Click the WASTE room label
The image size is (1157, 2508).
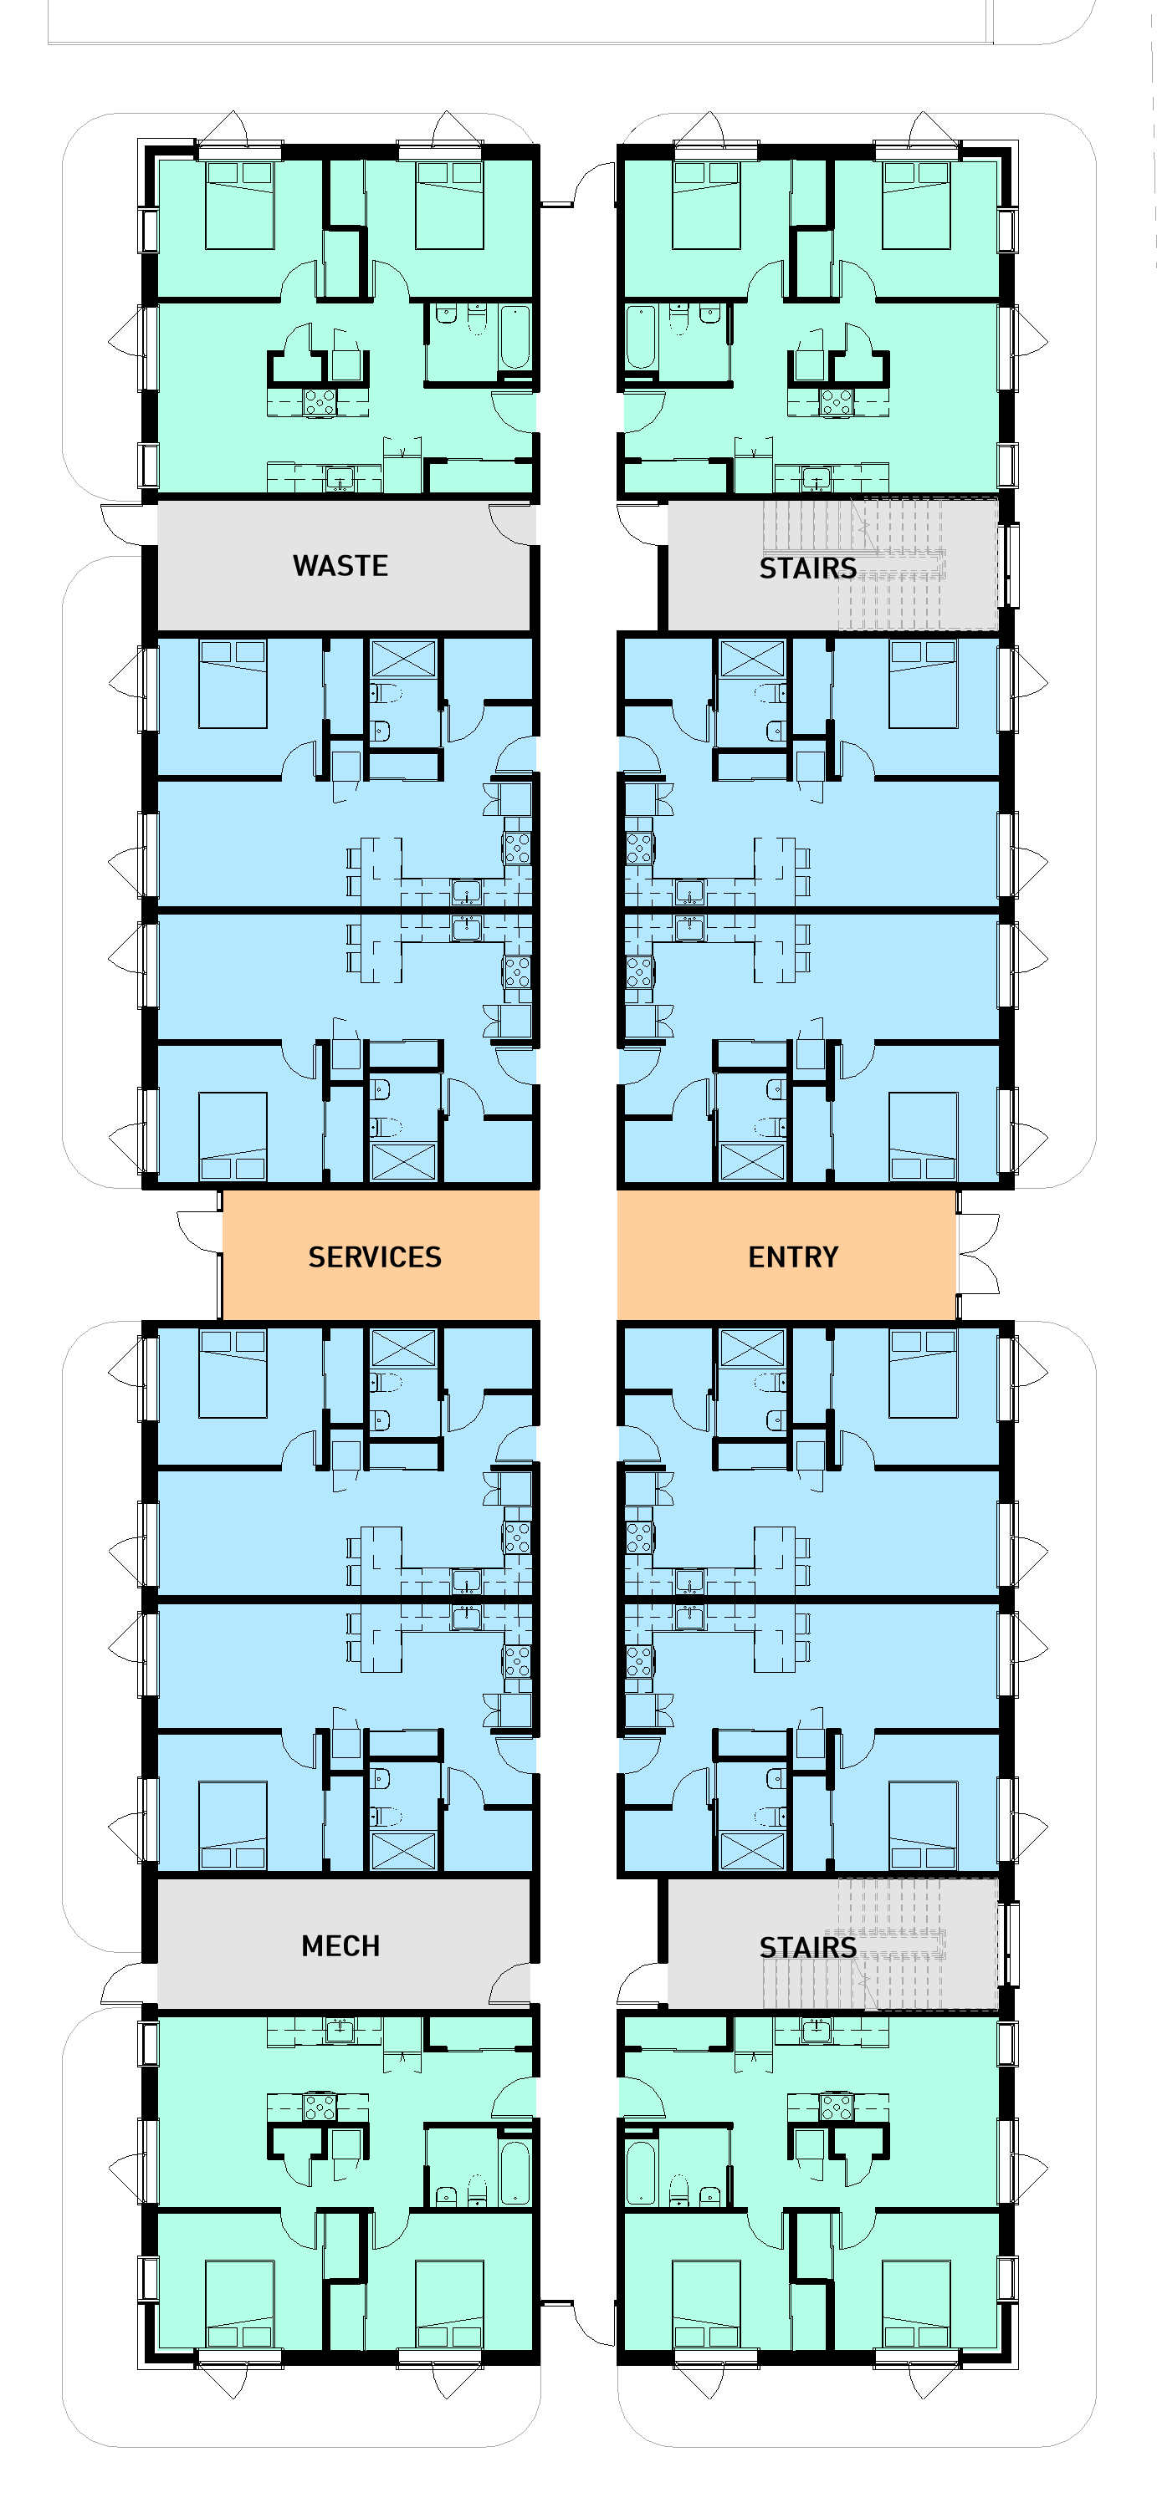(340, 566)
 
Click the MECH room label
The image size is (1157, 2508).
(340, 1945)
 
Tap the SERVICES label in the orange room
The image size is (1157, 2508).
(374, 1257)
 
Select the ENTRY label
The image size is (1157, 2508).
(793, 1257)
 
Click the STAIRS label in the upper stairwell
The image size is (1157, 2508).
(807, 568)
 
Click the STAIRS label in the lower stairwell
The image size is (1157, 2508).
(807, 1947)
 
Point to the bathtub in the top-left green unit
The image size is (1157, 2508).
(515, 337)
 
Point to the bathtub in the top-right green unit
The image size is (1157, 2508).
(640, 337)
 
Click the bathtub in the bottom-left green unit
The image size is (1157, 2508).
(515, 2172)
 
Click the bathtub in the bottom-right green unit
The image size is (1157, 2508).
(640, 2172)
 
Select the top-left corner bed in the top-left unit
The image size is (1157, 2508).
(239, 205)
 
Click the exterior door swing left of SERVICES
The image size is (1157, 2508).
(200, 1231)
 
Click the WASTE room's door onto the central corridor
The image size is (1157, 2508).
(511, 525)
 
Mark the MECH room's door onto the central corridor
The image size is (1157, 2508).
(511, 1983)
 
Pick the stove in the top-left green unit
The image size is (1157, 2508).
(320, 401)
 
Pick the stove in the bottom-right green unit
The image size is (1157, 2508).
(836, 2108)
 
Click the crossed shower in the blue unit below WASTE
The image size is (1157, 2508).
(403, 659)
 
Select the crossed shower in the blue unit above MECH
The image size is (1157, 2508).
(403, 1850)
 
